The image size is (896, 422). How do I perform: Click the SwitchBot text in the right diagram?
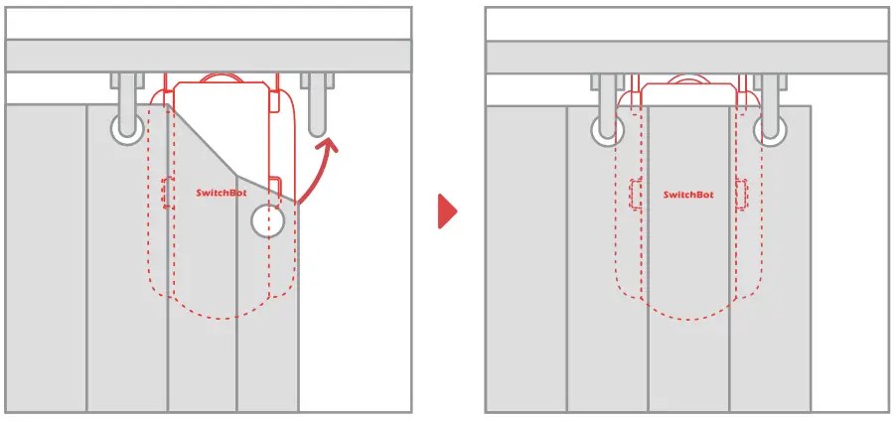pyautogui.click(x=688, y=195)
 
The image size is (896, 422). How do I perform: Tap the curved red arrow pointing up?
pyautogui.click(x=319, y=173)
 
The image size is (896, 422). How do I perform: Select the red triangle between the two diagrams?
pyautogui.click(x=448, y=211)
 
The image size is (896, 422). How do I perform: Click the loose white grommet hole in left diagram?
pyautogui.click(x=267, y=220)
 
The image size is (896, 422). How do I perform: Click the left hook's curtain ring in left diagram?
pyautogui.click(x=126, y=126)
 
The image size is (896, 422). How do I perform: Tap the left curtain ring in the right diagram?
pyautogui.click(x=606, y=129)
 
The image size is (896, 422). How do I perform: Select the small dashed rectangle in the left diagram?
pyautogui.click(x=168, y=193)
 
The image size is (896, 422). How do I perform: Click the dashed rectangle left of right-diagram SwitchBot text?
pyautogui.click(x=635, y=194)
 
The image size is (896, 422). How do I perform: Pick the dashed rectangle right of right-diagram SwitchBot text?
pyautogui.click(x=740, y=194)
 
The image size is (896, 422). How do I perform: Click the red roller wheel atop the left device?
pyautogui.click(x=220, y=77)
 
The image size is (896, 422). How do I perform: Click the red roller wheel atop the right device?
pyautogui.click(x=687, y=79)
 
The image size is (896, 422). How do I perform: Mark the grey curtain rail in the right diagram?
pyautogui.click(x=687, y=56)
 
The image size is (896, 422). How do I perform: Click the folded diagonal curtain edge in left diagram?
pyautogui.click(x=228, y=149)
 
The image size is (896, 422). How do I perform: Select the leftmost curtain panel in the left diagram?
pyautogui.click(x=45, y=258)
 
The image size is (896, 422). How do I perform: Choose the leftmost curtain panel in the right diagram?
pyautogui.click(x=525, y=258)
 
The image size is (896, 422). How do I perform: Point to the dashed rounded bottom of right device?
pyautogui.click(x=687, y=316)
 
